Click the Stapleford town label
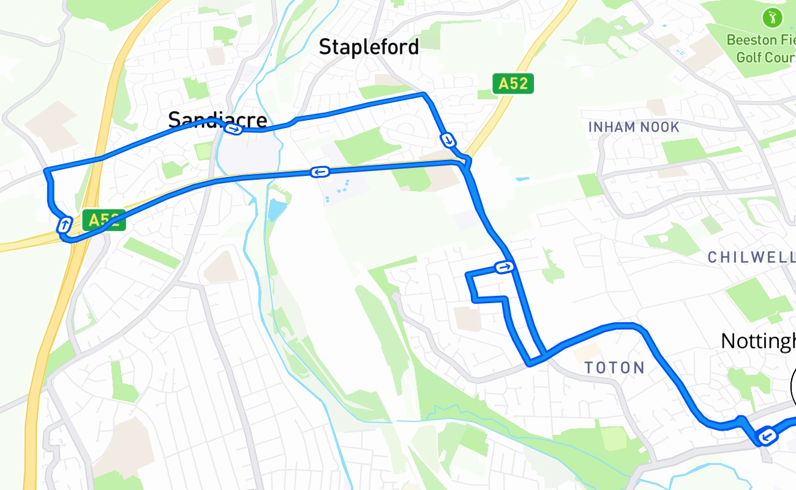(x=369, y=47)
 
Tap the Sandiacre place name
(x=217, y=119)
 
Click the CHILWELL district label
(x=751, y=257)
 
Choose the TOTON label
(x=614, y=367)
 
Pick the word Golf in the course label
(x=749, y=58)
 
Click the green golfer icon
(x=772, y=17)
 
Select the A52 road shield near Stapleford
(x=513, y=83)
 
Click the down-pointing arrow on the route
(x=449, y=140)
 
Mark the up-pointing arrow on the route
(x=64, y=225)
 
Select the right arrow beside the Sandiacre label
(x=233, y=129)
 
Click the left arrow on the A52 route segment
(x=320, y=172)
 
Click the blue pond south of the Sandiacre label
(x=276, y=210)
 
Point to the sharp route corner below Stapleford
(x=424, y=94)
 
